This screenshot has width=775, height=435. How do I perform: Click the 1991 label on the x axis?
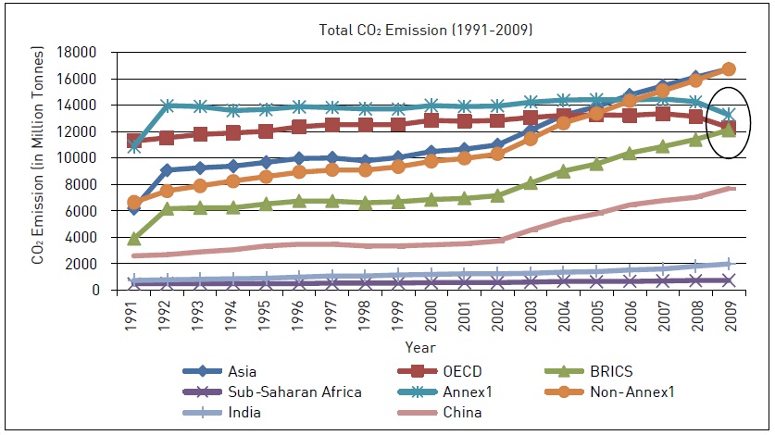click(135, 313)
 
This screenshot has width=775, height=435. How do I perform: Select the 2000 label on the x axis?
click(431, 313)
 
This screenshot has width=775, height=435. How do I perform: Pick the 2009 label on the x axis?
click(728, 313)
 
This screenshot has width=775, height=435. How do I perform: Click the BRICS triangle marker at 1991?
click(135, 239)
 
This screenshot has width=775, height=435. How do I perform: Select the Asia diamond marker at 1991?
click(135, 209)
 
